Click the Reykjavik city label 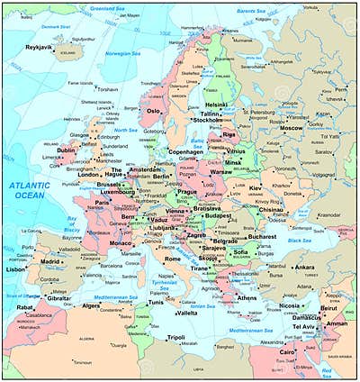(39, 46)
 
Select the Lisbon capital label (15, 268)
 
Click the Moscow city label (291, 128)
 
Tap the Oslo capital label (154, 111)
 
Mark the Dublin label (66, 150)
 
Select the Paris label (103, 203)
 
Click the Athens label (247, 297)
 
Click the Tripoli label (175, 337)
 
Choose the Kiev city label (256, 187)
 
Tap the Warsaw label (220, 171)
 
